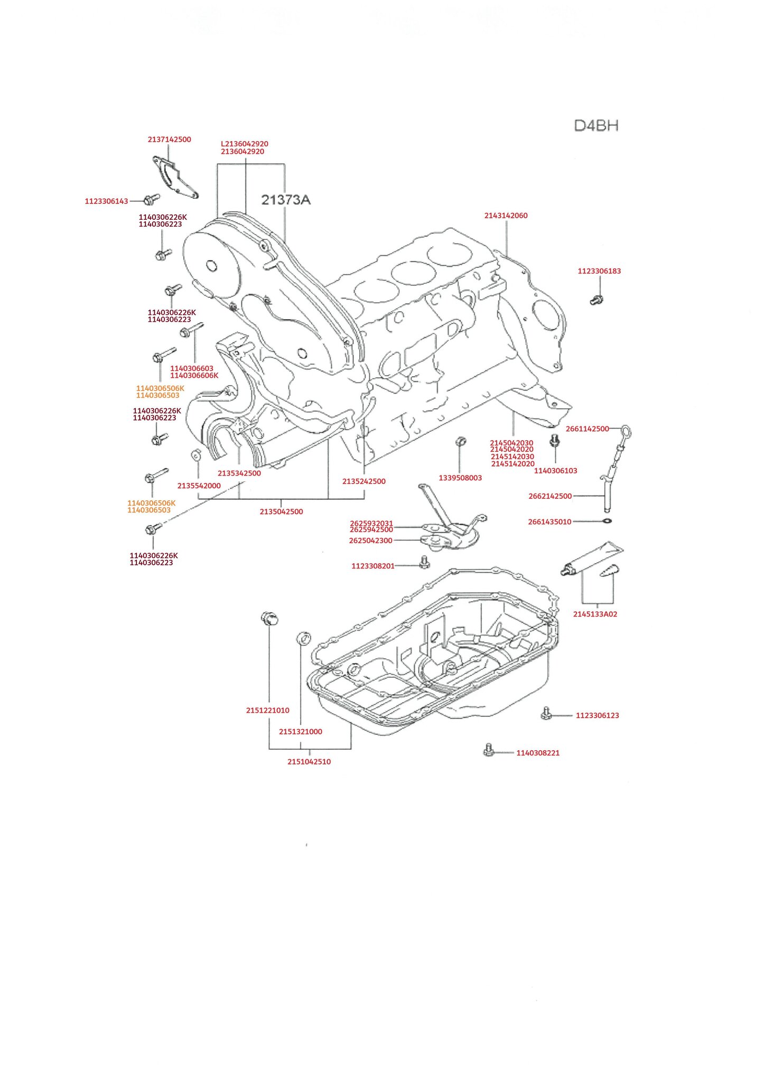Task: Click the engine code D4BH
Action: pyautogui.click(x=596, y=126)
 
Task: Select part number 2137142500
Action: pyautogui.click(x=169, y=139)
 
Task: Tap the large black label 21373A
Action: pyautogui.click(x=286, y=200)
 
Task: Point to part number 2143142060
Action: pyautogui.click(x=506, y=216)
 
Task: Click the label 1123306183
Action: pyautogui.click(x=599, y=271)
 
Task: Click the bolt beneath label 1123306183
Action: pyautogui.click(x=596, y=300)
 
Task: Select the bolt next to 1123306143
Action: pyautogui.click(x=151, y=199)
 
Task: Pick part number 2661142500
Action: pyautogui.click(x=587, y=428)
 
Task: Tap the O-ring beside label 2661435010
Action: pyautogui.click(x=608, y=521)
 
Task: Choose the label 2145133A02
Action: pyautogui.click(x=595, y=614)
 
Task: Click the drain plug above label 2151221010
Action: pyautogui.click(x=269, y=617)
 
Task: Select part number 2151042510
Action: pyautogui.click(x=309, y=761)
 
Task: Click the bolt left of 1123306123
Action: pyautogui.click(x=547, y=714)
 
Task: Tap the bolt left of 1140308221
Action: pyautogui.click(x=489, y=750)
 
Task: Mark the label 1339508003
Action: pyautogui.click(x=460, y=478)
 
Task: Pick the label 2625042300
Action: pyautogui.click(x=370, y=540)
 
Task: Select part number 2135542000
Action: pyautogui.click(x=199, y=486)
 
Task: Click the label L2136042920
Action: pyautogui.click(x=244, y=144)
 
